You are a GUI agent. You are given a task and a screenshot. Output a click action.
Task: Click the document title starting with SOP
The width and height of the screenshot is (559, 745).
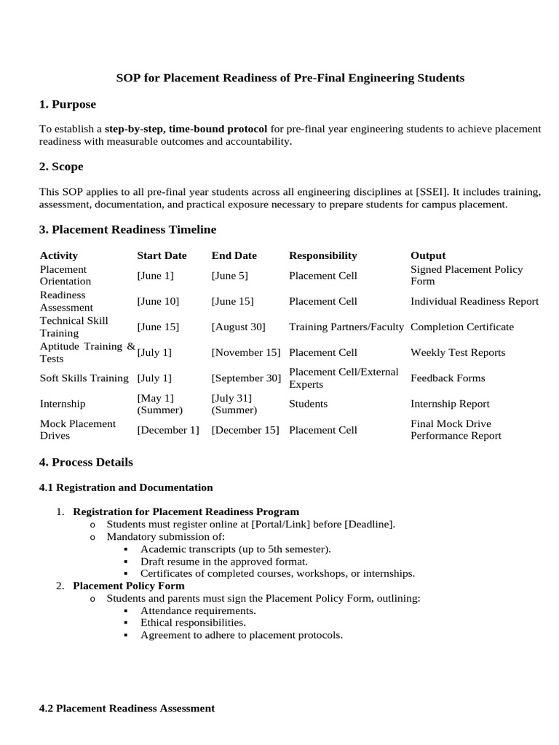point(290,77)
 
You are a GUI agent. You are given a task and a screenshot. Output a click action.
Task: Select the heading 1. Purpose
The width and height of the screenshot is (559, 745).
point(68,104)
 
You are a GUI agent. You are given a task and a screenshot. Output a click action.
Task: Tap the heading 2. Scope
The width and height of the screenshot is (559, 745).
point(61,167)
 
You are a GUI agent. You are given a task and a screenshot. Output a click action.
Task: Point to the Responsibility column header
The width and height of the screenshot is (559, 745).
point(322,255)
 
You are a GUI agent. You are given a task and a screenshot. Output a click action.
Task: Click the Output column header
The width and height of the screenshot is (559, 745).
point(428,255)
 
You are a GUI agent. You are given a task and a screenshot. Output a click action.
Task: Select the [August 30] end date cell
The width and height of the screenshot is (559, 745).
point(238,327)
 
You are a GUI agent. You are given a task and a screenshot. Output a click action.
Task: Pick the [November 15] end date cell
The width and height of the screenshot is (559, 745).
point(245,352)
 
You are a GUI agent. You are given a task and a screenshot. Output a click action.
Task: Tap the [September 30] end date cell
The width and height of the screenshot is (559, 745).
point(245,378)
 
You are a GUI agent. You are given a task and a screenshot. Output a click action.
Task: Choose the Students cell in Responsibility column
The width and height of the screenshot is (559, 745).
point(308,404)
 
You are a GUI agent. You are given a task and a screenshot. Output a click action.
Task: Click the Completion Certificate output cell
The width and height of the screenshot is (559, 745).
point(461,327)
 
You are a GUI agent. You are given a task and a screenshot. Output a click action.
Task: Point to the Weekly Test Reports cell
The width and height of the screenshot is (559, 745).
point(457,352)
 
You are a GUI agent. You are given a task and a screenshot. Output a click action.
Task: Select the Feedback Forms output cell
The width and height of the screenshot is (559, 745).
point(448,378)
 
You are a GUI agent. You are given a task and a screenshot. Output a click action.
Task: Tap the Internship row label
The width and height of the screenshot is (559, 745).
point(63,404)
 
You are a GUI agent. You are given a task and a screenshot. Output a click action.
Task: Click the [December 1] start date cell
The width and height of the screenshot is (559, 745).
point(167,429)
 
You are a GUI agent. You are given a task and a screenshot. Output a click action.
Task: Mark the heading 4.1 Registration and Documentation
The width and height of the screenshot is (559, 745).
point(126,487)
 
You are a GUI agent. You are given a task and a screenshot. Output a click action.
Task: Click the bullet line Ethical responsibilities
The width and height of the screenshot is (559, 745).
point(193,623)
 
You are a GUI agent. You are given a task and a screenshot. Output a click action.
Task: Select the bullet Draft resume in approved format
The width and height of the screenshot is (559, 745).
point(223,562)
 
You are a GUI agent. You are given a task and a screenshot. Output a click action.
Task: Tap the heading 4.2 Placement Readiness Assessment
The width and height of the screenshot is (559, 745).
point(127,708)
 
